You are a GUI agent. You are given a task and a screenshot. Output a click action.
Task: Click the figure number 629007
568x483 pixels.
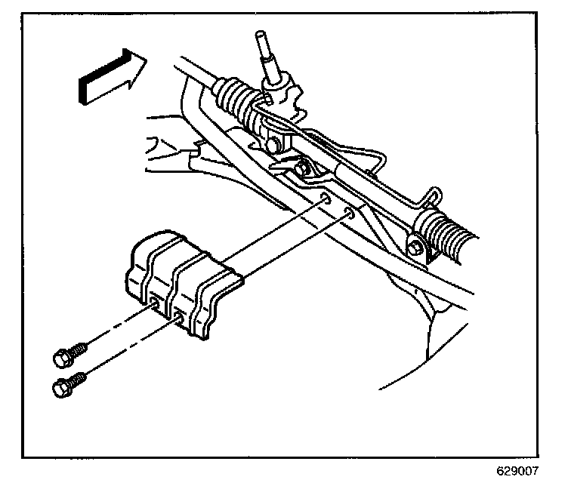coord(518,470)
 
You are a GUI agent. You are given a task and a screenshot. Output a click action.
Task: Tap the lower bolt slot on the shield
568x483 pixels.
coord(179,317)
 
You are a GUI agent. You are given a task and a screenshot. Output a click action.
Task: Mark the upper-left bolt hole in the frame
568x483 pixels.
coord(324,199)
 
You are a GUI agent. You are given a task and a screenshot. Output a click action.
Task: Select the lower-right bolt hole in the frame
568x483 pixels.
coord(350,214)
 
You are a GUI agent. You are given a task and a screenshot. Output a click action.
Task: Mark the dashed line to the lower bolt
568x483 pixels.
coord(121,355)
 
